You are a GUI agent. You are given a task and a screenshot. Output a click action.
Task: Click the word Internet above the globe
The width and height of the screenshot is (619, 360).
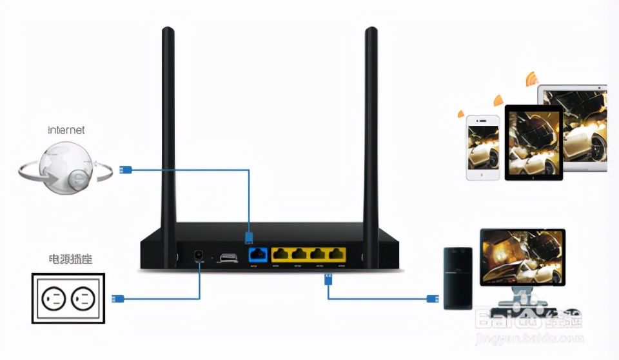click(66, 130)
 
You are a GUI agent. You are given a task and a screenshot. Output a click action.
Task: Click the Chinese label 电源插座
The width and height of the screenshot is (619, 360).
click(70, 259)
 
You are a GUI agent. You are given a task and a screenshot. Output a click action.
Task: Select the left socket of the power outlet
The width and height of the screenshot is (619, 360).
click(54, 299)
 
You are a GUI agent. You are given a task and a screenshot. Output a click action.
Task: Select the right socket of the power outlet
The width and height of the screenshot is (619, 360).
click(83, 299)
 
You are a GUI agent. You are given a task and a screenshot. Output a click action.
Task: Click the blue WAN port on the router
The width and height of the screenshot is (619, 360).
click(259, 254)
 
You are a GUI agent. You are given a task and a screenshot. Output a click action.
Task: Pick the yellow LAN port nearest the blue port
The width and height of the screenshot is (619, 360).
click(281, 254)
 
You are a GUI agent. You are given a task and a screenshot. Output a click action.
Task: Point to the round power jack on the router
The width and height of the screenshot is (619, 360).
click(199, 256)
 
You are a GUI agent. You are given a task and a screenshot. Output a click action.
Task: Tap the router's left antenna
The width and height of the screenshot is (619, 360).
click(168, 129)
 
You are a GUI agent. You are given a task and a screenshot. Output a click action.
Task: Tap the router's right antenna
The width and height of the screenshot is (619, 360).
click(371, 129)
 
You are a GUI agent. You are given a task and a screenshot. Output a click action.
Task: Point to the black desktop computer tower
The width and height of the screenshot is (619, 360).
click(458, 278)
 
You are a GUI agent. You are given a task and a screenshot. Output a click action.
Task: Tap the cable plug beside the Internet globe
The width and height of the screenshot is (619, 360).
click(126, 170)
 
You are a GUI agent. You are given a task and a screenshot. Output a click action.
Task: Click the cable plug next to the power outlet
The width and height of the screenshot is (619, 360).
click(118, 298)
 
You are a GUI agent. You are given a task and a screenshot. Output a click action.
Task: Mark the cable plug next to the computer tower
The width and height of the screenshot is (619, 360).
click(432, 298)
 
